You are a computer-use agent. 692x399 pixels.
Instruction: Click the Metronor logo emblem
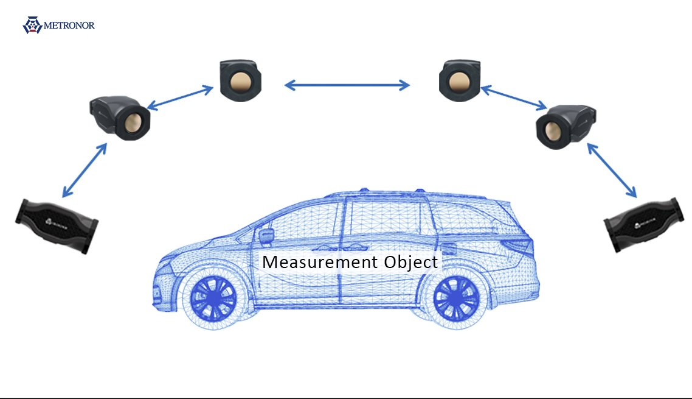click(x=32, y=25)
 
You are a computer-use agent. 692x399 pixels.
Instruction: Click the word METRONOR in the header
click(x=69, y=26)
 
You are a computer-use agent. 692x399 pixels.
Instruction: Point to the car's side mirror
click(x=266, y=236)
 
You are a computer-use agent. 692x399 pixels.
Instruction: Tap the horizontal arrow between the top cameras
click(x=347, y=85)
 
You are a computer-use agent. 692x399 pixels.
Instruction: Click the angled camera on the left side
click(x=120, y=117)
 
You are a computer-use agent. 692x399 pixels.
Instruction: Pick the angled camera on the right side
click(x=564, y=125)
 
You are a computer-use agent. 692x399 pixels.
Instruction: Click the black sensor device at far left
click(x=56, y=226)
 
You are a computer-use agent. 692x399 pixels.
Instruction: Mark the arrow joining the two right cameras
click(x=514, y=98)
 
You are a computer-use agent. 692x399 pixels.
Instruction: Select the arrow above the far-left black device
click(x=85, y=170)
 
